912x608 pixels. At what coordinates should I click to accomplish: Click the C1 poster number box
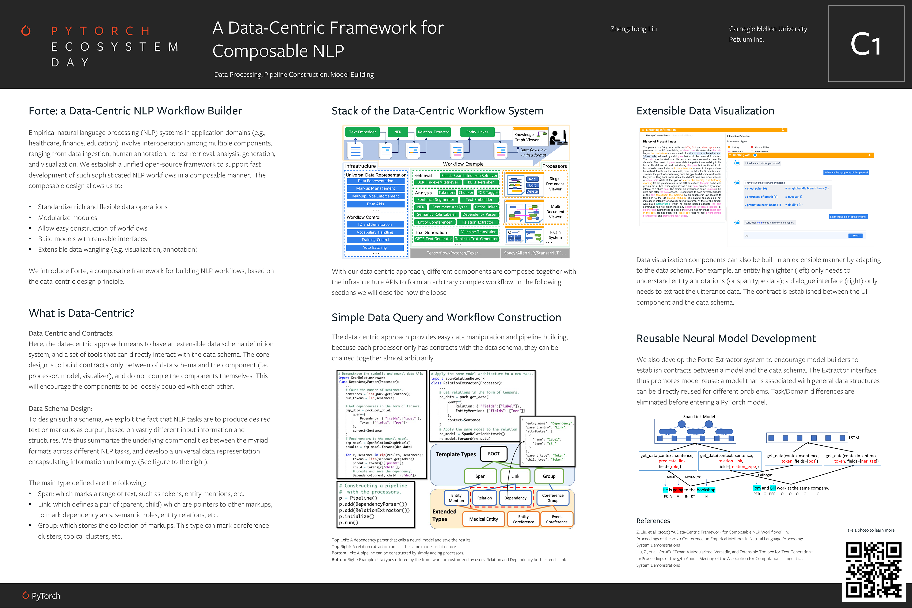(x=866, y=43)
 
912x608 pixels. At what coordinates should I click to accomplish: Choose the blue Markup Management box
(x=375, y=189)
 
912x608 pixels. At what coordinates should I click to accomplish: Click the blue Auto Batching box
(x=375, y=247)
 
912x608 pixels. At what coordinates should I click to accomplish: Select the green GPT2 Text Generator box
(x=433, y=239)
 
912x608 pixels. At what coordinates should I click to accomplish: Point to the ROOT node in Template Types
(x=494, y=454)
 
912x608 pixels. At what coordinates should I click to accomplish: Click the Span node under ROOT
(x=480, y=476)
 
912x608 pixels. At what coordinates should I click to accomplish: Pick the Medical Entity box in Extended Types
(x=483, y=519)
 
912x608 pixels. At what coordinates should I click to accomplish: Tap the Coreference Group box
(x=552, y=498)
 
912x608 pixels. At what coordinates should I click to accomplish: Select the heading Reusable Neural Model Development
(x=726, y=338)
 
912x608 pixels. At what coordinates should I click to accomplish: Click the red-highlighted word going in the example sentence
(x=678, y=490)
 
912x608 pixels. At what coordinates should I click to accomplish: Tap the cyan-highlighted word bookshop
(x=706, y=490)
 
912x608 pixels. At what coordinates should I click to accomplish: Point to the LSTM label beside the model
(x=854, y=438)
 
